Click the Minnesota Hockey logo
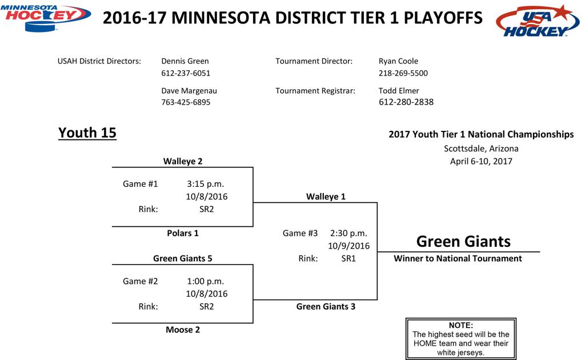(x=46, y=18)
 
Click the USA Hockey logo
(x=538, y=21)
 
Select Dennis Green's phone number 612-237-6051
(x=186, y=73)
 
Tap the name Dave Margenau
(x=189, y=91)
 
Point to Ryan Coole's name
(x=398, y=61)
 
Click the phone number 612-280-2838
(x=406, y=102)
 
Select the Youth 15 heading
(x=87, y=133)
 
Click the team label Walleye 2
(x=183, y=161)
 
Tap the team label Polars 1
(x=183, y=233)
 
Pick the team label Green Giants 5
(x=183, y=258)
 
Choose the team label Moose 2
(x=183, y=330)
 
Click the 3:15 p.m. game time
(x=206, y=184)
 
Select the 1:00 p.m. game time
(x=206, y=281)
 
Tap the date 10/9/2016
(x=349, y=246)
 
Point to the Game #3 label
(x=300, y=233)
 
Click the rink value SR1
(x=348, y=258)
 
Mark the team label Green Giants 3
(x=326, y=307)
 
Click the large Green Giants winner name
(x=463, y=241)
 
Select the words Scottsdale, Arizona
(x=481, y=149)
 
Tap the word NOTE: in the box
(x=461, y=325)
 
